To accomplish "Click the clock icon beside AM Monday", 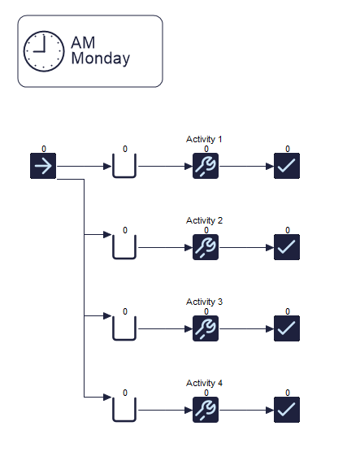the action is (44, 51).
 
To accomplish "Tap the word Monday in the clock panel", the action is (100, 59).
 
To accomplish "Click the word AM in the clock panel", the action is (83, 42).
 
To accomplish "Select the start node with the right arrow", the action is (43, 166).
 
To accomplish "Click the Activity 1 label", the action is (204, 139).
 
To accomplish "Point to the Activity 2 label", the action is (204, 220).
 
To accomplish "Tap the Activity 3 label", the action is (204, 302).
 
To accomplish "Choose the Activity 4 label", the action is (204, 383).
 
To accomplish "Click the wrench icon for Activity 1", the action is (206, 166).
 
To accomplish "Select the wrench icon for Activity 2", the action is (206, 247).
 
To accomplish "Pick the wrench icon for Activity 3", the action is (206, 328).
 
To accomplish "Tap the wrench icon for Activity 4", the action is (206, 410).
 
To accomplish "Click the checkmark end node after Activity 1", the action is (287, 166).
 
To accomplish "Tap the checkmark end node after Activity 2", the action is (287, 247).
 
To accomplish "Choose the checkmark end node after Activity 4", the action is (287, 410).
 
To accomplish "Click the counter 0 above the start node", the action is (44, 149).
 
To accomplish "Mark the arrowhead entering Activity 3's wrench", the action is (189, 329).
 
